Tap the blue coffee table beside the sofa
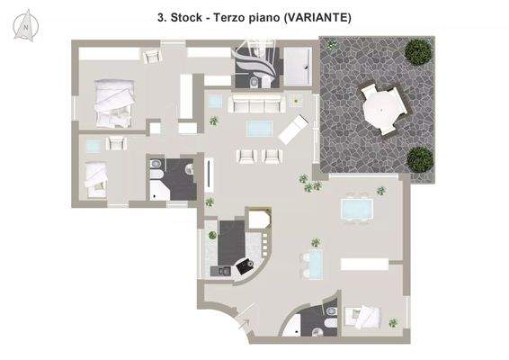tap(258, 127)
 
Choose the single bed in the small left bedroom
tap(95, 173)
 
